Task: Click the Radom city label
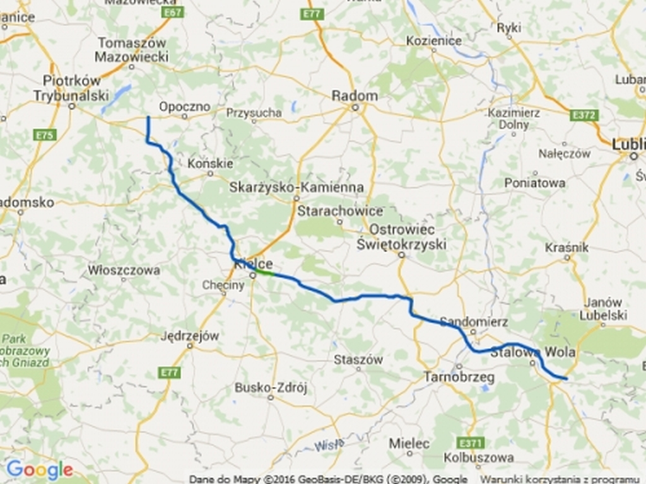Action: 355,96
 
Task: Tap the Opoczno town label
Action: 184,107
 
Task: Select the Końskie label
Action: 211,164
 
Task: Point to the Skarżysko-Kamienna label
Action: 297,187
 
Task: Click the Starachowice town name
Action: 340,211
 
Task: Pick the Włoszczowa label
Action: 124,270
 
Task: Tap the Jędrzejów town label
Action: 189,336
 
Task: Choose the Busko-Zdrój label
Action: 271,388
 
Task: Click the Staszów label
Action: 358,360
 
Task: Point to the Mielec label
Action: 409,443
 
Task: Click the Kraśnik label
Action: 567,247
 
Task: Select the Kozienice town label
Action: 433,41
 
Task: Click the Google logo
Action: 39,470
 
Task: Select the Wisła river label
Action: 329,445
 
